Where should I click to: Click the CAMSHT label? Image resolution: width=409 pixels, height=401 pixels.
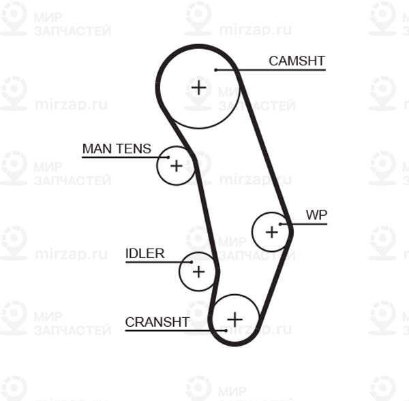297,61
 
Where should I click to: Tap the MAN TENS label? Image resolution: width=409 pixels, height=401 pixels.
117,148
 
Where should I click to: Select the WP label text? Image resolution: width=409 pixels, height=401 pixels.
316,215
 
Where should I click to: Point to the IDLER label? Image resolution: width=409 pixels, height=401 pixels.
145,253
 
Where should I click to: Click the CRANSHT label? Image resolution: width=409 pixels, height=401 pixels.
157,322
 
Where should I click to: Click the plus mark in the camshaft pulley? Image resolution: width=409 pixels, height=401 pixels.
198,86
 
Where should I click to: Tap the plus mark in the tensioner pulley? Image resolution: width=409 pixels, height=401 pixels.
176,165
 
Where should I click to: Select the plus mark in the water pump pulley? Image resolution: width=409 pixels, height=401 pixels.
272,231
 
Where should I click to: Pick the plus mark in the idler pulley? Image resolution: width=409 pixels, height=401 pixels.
198,272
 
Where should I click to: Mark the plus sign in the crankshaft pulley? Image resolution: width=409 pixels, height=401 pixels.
234,319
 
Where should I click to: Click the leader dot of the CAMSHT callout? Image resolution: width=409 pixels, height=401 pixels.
215,69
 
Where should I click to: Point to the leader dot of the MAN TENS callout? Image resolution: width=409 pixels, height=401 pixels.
168,157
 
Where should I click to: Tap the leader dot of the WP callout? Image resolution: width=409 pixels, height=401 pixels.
282,224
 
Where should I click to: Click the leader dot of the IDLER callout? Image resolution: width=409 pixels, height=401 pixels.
192,262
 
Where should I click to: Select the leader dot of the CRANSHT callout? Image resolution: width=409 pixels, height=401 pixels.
226,331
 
